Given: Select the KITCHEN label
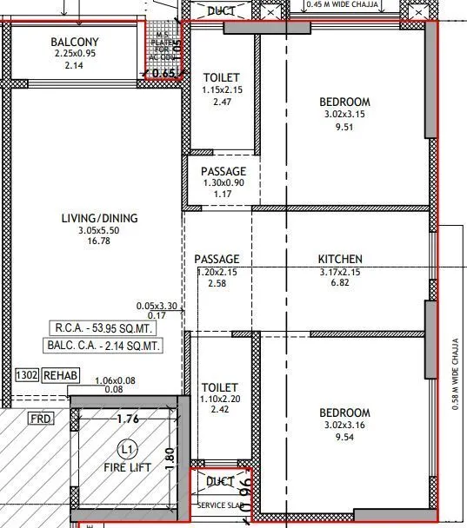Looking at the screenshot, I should pos(340,259).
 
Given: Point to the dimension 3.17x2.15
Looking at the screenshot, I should pos(340,271).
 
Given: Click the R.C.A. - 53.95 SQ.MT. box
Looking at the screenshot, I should pos(105,328).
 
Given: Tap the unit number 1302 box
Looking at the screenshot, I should pos(26,375).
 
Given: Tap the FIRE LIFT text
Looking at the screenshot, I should pos(128,467).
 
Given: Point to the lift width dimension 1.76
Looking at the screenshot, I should pos(127,419).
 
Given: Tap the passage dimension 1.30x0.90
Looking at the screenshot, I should pos(223,184).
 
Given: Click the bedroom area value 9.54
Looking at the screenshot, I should pos(345,439).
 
